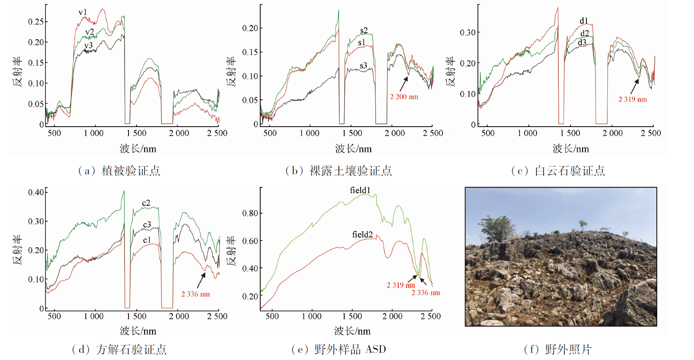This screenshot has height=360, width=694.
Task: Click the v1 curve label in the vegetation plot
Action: (83, 12)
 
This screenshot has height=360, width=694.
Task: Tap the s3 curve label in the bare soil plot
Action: (363, 66)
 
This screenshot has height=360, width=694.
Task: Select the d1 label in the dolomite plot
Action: (584, 21)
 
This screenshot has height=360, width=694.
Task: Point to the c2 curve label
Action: (146, 203)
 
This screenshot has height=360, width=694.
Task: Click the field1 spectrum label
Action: (360, 190)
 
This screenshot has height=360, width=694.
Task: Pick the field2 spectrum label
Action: (362, 235)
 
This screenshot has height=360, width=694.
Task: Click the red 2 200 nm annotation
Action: (404, 97)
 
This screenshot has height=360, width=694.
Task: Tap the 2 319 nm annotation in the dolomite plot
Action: (632, 99)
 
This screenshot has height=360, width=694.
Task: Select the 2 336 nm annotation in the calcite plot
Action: (195, 294)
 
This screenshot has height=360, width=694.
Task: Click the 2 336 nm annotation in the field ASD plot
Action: (425, 293)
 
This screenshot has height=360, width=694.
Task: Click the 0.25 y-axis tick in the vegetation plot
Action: (36, 21)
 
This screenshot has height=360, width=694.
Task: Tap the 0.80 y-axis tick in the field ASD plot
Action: (250, 213)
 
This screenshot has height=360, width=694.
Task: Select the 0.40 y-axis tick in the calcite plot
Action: (36, 192)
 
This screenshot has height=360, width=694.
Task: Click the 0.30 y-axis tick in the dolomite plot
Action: (467, 32)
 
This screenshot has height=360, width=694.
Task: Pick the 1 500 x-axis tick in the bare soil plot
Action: (352, 133)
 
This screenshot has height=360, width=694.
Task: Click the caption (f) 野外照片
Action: (558, 349)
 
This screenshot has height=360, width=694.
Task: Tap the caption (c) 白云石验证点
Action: (558, 171)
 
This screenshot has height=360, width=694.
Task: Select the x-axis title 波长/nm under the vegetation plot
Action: (138, 149)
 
